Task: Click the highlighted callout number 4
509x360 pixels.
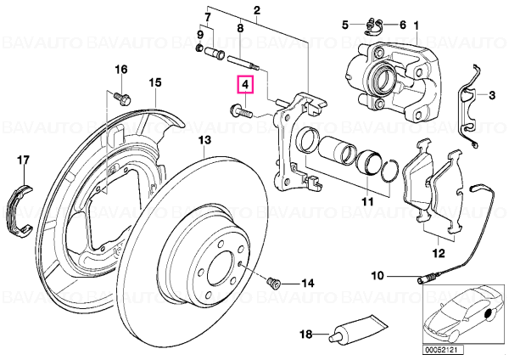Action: (245, 85)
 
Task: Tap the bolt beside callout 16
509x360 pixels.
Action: (121, 98)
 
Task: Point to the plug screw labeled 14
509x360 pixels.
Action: (274, 283)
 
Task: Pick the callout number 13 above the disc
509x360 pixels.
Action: (205, 141)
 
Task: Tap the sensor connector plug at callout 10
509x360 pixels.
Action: (428, 278)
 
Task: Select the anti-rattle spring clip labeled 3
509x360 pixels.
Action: (467, 107)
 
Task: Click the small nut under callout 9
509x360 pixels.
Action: (199, 49)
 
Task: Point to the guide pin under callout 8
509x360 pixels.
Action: (243, 63)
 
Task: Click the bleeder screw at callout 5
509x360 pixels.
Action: (369, 26)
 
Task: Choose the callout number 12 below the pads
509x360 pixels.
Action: (439, 252)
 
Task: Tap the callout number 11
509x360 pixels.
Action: (368, 202)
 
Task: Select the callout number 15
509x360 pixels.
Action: (155, 82)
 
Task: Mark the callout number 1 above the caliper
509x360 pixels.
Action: (417, 25)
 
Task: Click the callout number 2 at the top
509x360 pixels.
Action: (257, 10)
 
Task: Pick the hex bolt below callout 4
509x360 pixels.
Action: (241, 112)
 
